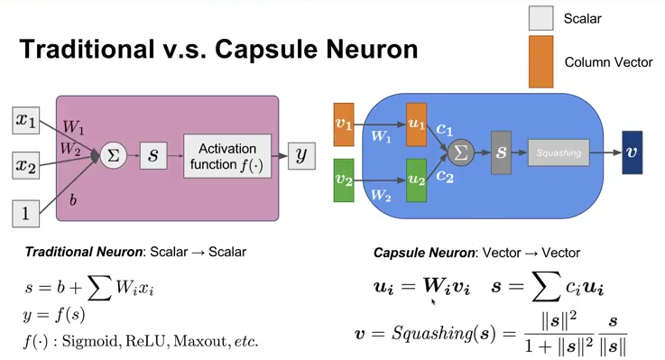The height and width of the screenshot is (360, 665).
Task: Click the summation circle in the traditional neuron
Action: pos(114,155)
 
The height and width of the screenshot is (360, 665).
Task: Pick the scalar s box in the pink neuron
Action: pos(153,155)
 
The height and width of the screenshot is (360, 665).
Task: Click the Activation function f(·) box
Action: pos(227,155)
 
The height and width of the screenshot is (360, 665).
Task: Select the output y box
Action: pos(301,155)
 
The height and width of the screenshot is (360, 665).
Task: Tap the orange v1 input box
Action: pos(344,125)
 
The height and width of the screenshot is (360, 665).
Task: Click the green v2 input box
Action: pos(344,179)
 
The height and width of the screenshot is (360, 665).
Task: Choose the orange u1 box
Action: pos(416,125)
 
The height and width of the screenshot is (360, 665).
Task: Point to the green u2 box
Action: pos(416,179)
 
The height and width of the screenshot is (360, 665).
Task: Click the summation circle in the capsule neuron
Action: pos(461,152)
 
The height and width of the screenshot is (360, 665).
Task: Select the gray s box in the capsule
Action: pos(502,152)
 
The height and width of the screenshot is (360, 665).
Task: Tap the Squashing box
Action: pos(559,152)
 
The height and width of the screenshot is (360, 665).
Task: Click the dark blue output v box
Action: pos(632,152)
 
